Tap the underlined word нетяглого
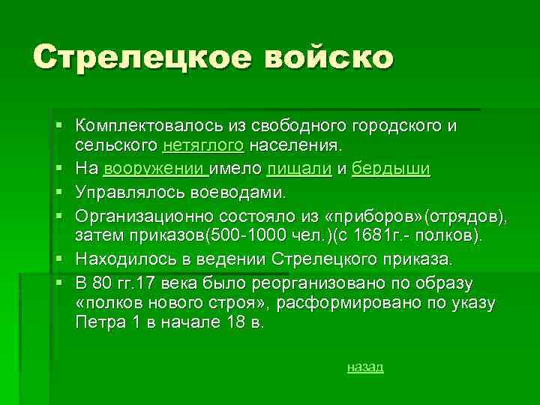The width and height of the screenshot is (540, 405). pyautogui.click(x=214, y=143)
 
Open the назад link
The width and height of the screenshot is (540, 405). pyautogui.click(x=365, y=367)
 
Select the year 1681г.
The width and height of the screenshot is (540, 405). pyautogui.click(x=383, y=236)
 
